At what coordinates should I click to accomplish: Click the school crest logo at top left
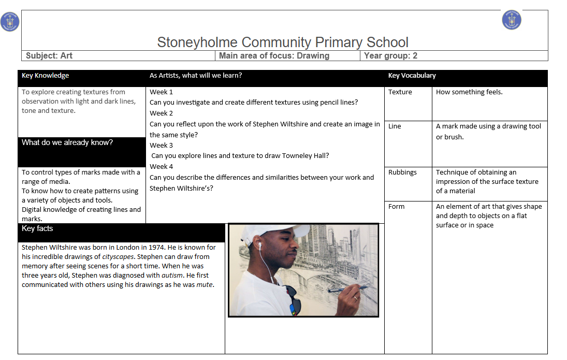(10, 22)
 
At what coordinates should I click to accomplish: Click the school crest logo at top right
(512, 20)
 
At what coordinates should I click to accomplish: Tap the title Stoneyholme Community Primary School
(283, 42)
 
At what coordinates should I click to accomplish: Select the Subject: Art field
(49, 55)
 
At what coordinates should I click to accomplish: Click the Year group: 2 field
(390, 55)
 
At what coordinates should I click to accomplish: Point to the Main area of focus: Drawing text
(274, 55)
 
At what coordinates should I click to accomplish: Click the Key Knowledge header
(45, 76)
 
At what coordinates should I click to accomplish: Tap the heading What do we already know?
(67, 142)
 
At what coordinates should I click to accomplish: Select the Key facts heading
(37, 228)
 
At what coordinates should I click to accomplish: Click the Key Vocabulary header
(412, 76)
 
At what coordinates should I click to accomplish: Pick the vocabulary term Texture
(400, 92)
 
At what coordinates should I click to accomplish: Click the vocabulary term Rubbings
(402, 172)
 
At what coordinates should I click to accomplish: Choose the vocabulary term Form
(396, 207)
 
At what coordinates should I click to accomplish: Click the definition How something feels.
(469, 92)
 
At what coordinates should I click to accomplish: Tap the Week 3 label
(162, 146)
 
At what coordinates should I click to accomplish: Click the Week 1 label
(162, 92)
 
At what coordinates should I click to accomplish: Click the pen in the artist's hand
(348, 289)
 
